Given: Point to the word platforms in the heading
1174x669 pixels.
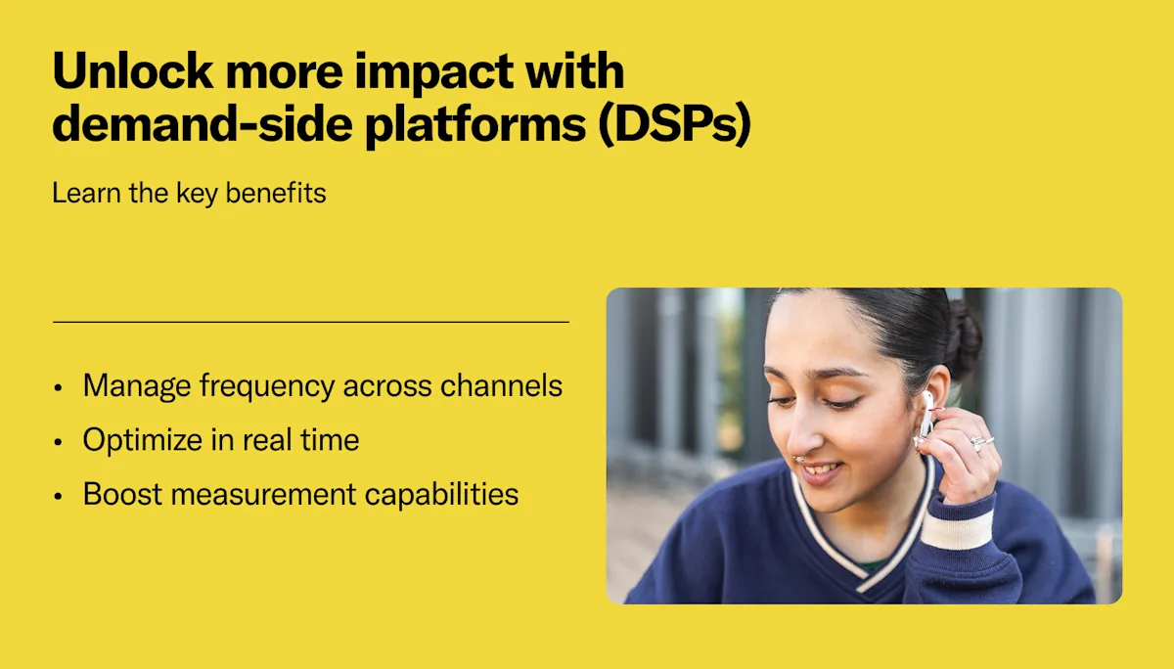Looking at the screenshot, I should tap(470, 127).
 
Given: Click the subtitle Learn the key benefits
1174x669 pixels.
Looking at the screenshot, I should tap(189, 194).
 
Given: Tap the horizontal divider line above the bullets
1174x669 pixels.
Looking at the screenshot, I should tap(310, 321).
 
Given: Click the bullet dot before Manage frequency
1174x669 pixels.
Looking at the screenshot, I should tap(59, 387).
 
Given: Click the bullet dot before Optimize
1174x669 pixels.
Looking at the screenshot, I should tap(59, 442).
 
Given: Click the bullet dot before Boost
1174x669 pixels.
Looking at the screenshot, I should tap(59, 496).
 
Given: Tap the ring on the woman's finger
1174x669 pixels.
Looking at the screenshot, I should tap(978, 443).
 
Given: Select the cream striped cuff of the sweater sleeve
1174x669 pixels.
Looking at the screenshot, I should tap(956, 529).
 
